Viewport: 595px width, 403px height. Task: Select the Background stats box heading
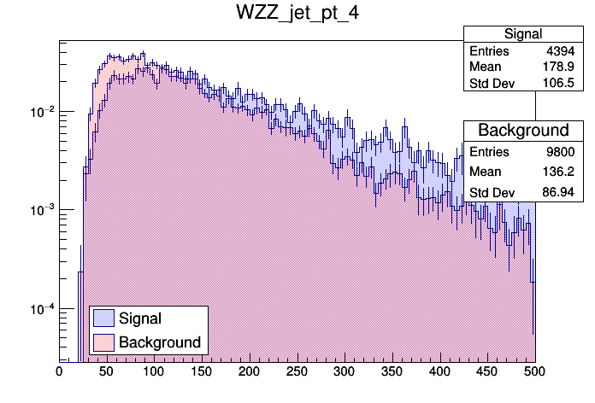click(522, 130)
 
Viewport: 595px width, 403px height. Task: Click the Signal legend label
click(140, 318)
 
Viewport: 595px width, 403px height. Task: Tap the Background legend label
click(160, 342)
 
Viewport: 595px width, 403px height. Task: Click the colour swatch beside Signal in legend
click(103, 318)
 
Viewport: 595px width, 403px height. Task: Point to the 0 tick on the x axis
click(59, 371)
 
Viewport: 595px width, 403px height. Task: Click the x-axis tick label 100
click(154, 371)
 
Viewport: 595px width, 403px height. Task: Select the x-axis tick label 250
click(297, 371)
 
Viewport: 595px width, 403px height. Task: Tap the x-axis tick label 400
click(439, 371)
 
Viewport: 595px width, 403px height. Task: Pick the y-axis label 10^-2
click(41, 112)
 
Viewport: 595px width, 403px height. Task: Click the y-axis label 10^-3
click(41, 210)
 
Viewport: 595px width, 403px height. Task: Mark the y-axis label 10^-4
click(41, 308)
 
